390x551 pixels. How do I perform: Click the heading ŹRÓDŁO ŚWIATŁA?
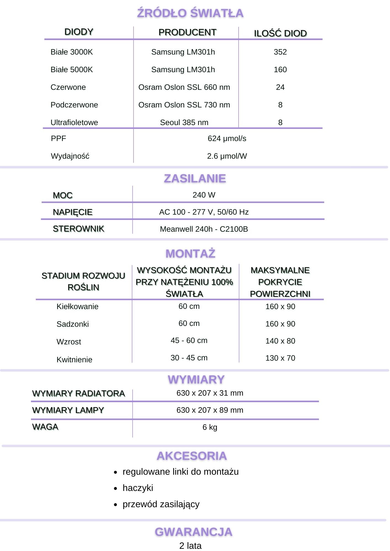pyautogui.click(x=190, y=13)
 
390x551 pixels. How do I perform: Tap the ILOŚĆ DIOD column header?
pyautogui.click(x=280, y=33)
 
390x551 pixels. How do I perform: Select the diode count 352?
pyautogui.click(x=280, y=52)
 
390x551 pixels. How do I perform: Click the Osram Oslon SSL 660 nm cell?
pyautogui.click(x=184, y=87)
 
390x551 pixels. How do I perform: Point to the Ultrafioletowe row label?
pyautogui.click(x=74, y=122)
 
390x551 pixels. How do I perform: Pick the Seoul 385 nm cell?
pyautogui.click(x=184, y=122)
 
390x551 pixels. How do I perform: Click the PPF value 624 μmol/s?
pyautogui.click(x=227, y=138)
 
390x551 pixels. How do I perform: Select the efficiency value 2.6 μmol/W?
pyautogui.click(x=227, y=156)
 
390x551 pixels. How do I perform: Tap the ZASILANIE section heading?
pyautogui.click(x=195, y=179)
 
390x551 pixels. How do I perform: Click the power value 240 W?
pyautogui.click(x=204, y=195)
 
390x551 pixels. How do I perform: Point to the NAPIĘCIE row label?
pyautogui.click(x=73, y=212)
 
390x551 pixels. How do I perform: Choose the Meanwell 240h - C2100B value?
pyautogui.click(x=204, y=229)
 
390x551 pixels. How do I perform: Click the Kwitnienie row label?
pyautogui.click(x=74, y=360)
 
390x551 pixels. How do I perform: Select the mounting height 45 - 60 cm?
pyautogui.click(x=189, y=340)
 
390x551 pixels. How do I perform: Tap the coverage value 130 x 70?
pyautogui.click(x=280, y=358)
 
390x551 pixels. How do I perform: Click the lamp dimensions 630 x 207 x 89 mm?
pyautogui.click(x=210, y=410)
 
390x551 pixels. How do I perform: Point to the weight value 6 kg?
pyautogui.click(x=210, y=427)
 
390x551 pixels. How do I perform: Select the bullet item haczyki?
pyautogui.click(x=138, y=488)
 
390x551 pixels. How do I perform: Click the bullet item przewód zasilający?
pyautogui.click(x=161, y=504)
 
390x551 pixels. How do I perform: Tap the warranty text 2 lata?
pyautogui.click(x=190, y=545)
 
